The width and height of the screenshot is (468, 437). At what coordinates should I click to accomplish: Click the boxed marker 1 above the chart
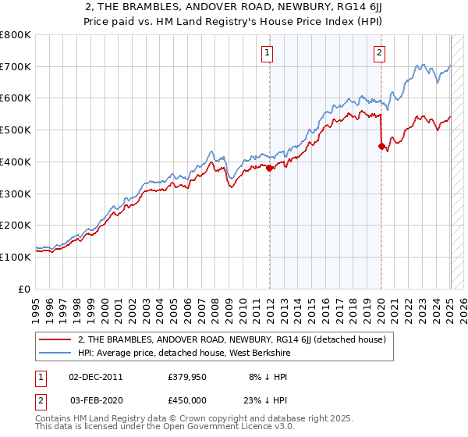pos(268,53)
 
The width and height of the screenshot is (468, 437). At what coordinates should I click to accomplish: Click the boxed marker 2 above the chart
pos(379,53)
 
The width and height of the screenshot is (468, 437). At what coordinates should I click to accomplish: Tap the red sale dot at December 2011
pos(269,167)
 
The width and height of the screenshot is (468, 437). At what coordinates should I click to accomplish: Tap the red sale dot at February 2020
pos(381,145)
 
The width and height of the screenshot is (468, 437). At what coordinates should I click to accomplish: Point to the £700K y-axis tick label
pos(16,67)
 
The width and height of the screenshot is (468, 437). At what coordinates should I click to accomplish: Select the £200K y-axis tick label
pos(16,225)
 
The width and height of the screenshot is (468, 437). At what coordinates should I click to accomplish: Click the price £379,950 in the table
pos(185,376)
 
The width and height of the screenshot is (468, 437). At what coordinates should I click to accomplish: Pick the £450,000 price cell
pos(185,400)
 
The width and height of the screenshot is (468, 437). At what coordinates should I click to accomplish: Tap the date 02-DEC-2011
pos(97,376)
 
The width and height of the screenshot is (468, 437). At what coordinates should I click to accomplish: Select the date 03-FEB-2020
pos(97,400)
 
